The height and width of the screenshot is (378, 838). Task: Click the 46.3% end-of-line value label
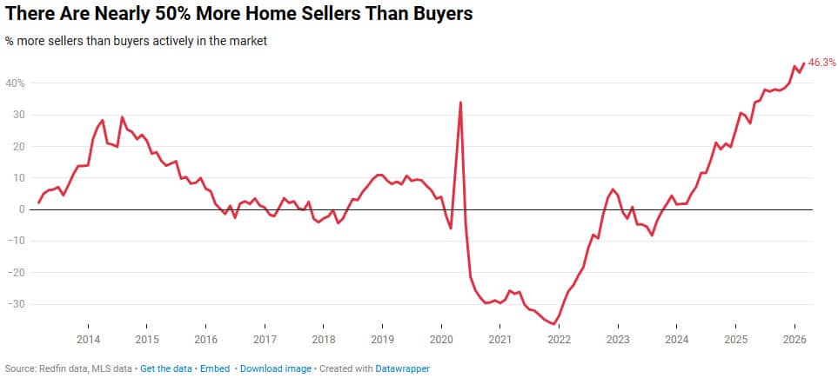[x=822, y=63]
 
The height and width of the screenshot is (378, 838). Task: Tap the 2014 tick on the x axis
[x=87, y=339]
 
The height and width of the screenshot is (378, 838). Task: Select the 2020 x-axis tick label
[x=441, y=339]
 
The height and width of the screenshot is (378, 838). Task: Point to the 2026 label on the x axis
[x=794, y=339]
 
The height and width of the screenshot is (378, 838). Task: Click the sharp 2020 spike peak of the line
[x=460, y=103]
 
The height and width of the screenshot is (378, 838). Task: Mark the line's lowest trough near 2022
[x=553, y=324]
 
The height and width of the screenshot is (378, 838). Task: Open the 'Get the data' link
[x=167, y=368]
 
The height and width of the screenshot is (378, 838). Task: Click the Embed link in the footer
[x=215, y=368]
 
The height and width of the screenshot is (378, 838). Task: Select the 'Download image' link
[x=275, y=368]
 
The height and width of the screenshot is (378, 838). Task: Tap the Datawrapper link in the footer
[x=402, y=368]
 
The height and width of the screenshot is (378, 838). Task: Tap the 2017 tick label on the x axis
[x=265, y=339]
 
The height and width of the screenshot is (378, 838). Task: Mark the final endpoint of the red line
[x=803, y=63]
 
